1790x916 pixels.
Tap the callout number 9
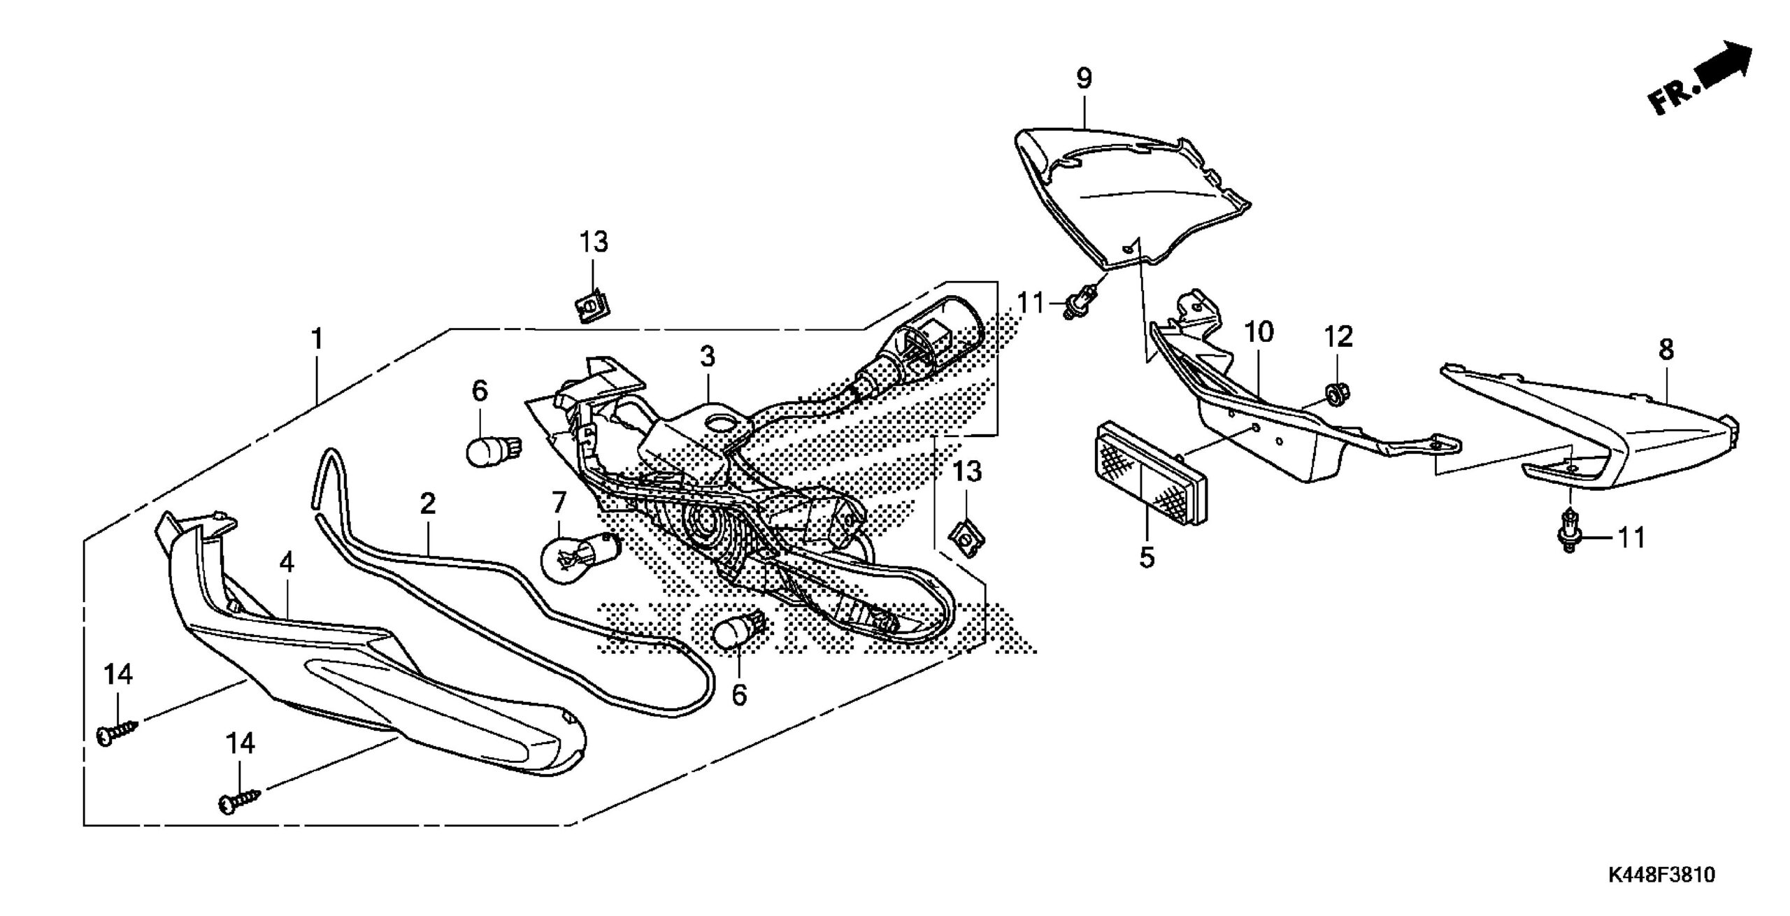(x=1084, y=79)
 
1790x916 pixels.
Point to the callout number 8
(x=1667, y=350)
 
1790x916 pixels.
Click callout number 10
(x=1258, y=332)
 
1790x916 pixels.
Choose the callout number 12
(x=1338, y=337)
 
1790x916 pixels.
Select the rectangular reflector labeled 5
(x=1150, y=471)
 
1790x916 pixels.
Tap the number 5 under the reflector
(x=1147, y=557)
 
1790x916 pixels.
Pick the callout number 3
(x=708, y=357)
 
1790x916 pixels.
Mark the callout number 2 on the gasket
(x=428, y=503)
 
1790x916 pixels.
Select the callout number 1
(x=317, y=340)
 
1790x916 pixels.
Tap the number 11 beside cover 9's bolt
(x=1031, y=303)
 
